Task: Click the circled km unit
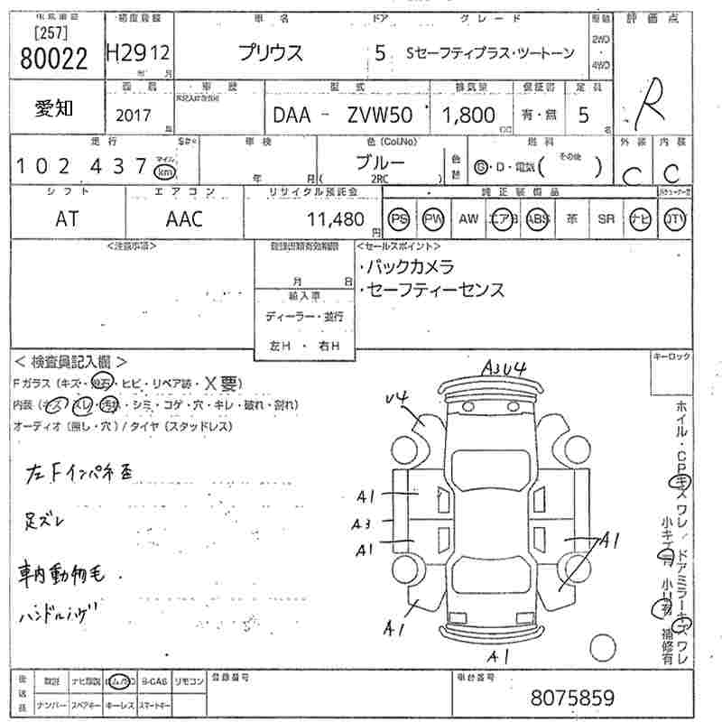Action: point(164,171)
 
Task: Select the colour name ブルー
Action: point(379,162)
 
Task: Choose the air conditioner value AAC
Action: point(184,218)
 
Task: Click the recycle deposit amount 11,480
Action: point(335,219)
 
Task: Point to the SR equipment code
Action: point(606,218)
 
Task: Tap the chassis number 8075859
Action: point(572,698)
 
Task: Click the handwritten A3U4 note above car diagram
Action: point(504,366)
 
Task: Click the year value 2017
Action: point(134,115)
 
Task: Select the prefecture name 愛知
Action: point(53,107)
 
